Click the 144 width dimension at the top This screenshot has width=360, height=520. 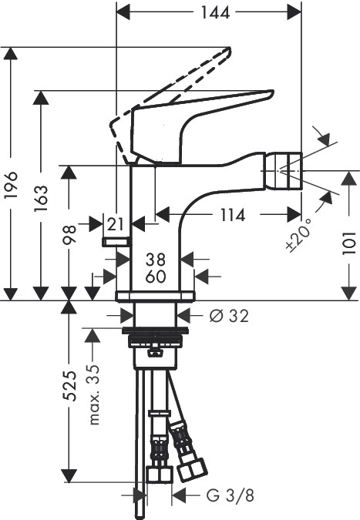pyautogui.click(x=215, y=13)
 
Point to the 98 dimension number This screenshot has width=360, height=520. pyautogui.click(x=69, y=234)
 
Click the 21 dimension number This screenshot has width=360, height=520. pyautogui.click(x=116, y=224)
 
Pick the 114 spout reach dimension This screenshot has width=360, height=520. pyautogui.click(x=233, y=215)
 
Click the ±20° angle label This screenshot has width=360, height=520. pyautogui.click(x=298, y=236)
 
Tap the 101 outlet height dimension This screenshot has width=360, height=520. pyautogui.click(x=349, y=243)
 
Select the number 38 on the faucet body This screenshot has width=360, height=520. pyautogui.click(x=156, y=260)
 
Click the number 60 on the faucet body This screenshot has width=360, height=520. pyautogui.click(x=156, y=277)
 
